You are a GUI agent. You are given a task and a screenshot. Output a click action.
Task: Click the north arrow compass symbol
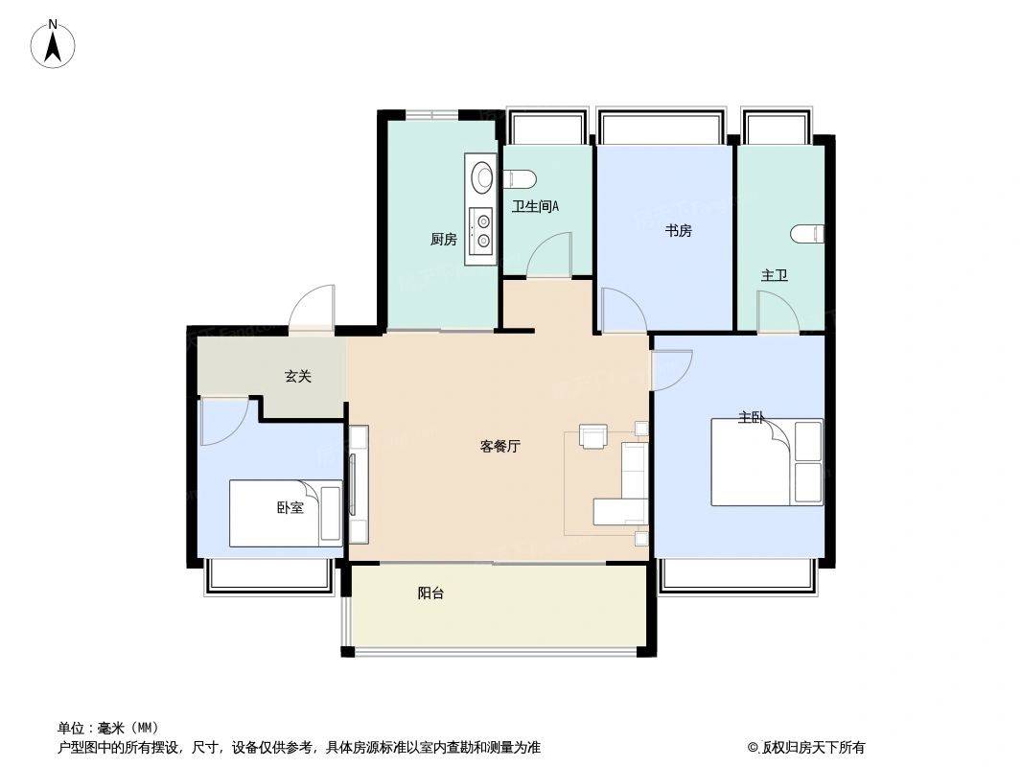click(53, 45)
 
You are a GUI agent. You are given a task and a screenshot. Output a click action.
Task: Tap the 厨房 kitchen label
click(443, 239)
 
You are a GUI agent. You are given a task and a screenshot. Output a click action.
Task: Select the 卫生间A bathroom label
click(535, 206)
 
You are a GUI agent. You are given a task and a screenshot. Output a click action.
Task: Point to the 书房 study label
click(678, 231)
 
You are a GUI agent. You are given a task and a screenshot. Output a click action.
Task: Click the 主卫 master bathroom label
click(775, 276)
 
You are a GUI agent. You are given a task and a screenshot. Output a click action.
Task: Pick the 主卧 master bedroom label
click(751, 417)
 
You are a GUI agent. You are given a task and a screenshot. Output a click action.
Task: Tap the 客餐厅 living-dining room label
click(499, 447)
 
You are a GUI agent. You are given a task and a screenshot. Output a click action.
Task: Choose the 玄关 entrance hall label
click(298, 376)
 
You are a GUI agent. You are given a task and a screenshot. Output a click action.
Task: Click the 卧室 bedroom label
click(290, 507)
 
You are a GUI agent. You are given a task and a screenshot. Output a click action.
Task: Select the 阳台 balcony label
click(430, 593)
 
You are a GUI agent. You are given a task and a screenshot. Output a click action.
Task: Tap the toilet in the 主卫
click(808, 234)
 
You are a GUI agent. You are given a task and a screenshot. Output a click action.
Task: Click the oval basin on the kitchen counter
click(483, 176)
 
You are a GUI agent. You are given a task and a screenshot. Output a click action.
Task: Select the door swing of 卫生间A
click(548, 255)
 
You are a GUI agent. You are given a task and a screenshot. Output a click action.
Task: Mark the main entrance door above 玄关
click(313, 308)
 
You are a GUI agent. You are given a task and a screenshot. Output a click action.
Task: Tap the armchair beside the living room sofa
click(593, 436)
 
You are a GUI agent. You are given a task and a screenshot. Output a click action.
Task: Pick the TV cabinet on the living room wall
click(359, 485)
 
